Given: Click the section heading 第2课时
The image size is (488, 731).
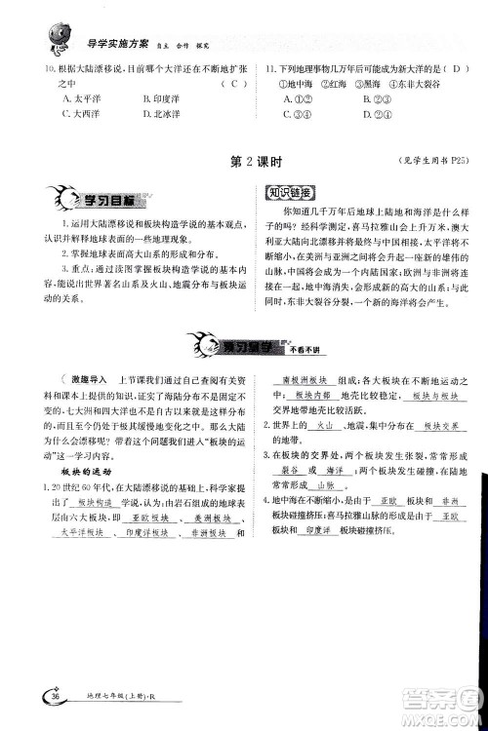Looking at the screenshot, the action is (242, 161).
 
